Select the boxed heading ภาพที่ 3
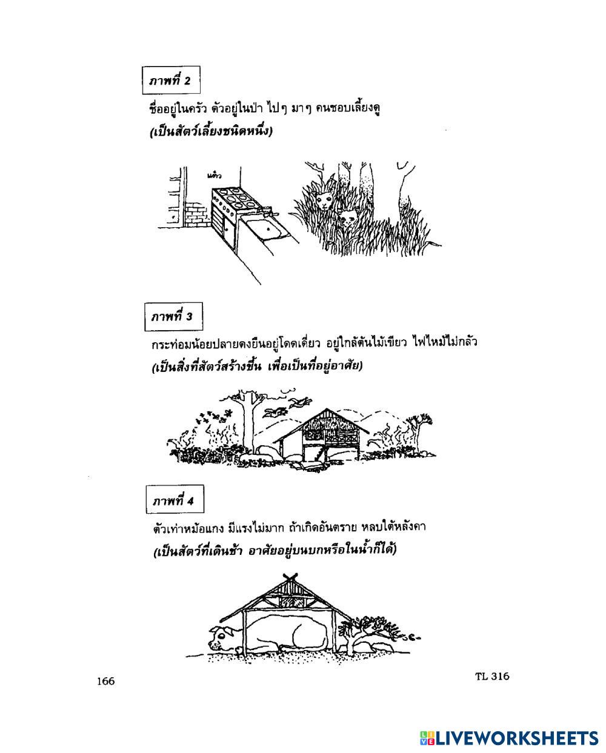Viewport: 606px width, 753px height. point(173,316)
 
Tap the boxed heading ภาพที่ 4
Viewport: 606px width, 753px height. point(174,502)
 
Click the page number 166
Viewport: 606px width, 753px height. point(105,682)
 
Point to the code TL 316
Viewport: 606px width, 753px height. point(492,677)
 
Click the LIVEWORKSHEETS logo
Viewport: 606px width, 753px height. point(508,737)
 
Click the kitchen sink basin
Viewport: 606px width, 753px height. point(262,228)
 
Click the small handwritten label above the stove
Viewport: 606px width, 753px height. point(213,176)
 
